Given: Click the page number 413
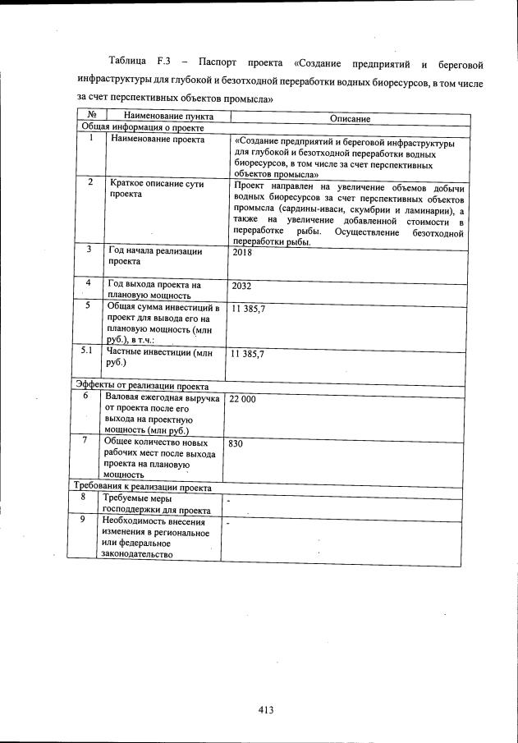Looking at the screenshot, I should tap(264, 710).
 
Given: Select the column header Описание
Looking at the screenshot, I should tap(351, 119).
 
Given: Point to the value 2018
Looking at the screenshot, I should tap(242, 253).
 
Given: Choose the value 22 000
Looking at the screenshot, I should tap(243, 398).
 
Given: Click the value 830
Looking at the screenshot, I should tap(236, 443).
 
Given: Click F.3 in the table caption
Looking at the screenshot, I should tap(162, 62).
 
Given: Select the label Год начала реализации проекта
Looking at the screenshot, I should tap(154, 255).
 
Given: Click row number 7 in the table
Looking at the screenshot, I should tap(85, 440).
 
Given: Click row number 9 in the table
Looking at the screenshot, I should tap(83, 520).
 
